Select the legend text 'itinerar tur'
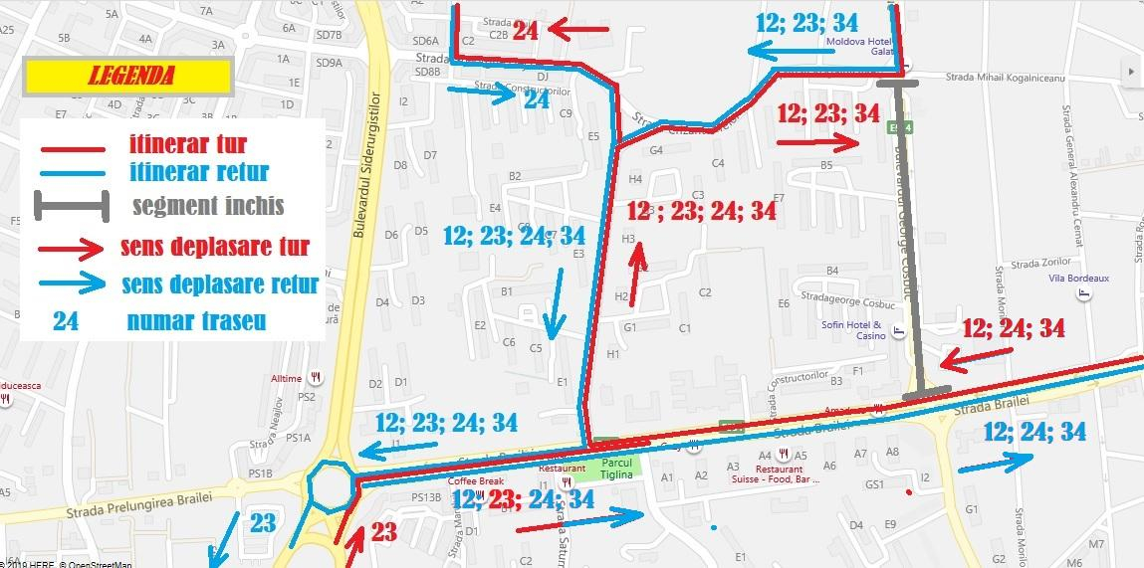click(187, 145)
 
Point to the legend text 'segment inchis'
click(208, 207)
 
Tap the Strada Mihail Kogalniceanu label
click(1005, 77)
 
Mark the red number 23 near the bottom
click(384, 532)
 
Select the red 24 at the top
click(526, 30)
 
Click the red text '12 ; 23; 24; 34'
click(703, 211)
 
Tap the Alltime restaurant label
click(287, 378)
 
